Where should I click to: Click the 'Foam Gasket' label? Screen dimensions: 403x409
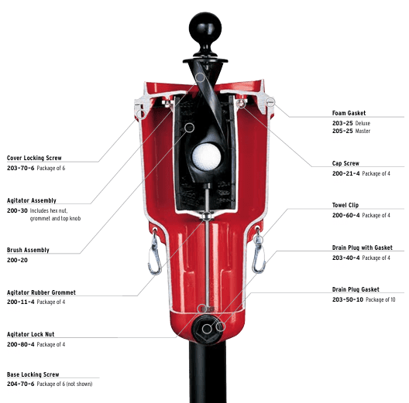tap(349, 113)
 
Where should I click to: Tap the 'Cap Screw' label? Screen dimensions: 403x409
tap(345, 163)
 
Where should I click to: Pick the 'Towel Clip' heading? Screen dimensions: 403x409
tap(346, 205)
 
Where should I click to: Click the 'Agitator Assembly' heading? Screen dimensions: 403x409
tap(32, 200)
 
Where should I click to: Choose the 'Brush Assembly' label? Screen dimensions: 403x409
tap(28, 251)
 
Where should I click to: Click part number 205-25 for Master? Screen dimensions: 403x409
tap(342, 131)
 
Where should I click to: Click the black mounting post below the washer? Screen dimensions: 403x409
tap(204, 371)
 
